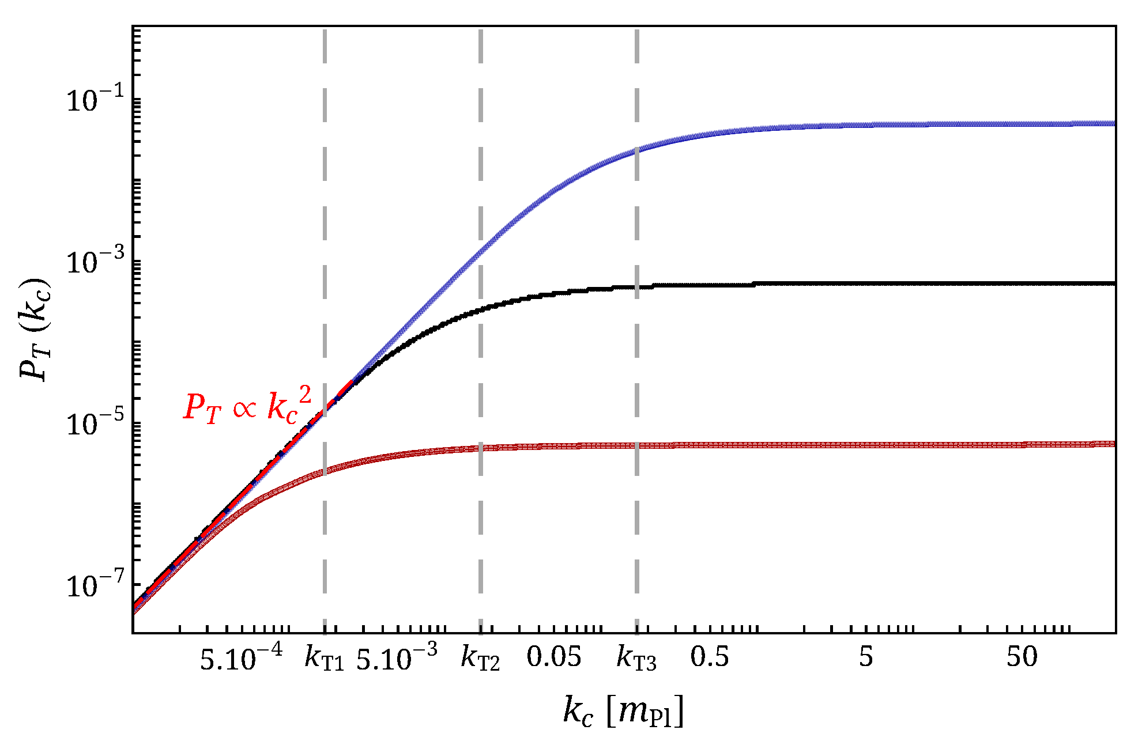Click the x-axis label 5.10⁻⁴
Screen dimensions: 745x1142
(x=241, y=657)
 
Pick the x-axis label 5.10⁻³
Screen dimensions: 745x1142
(x=397, y=657)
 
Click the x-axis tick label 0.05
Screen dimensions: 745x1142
(x=554, y=657)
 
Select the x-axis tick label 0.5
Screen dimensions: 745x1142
(x=710, y=657)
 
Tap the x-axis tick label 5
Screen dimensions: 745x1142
(x=866, y=657)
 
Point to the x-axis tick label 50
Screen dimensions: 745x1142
(x=1022, y=657)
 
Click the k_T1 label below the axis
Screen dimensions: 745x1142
(x=324, y=659)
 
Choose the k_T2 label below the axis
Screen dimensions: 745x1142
(x=480, y=659)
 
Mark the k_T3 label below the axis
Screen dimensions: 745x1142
(x=636, y=659)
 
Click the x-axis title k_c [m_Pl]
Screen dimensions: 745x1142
(x=624, y=711)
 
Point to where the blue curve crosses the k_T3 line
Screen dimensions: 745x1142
(x=636, y=152)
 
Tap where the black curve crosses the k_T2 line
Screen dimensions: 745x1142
(x=480, y=309)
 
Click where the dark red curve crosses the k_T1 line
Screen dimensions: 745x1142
(x=325, y=471)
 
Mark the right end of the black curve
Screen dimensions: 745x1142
(x=1114, y=283)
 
